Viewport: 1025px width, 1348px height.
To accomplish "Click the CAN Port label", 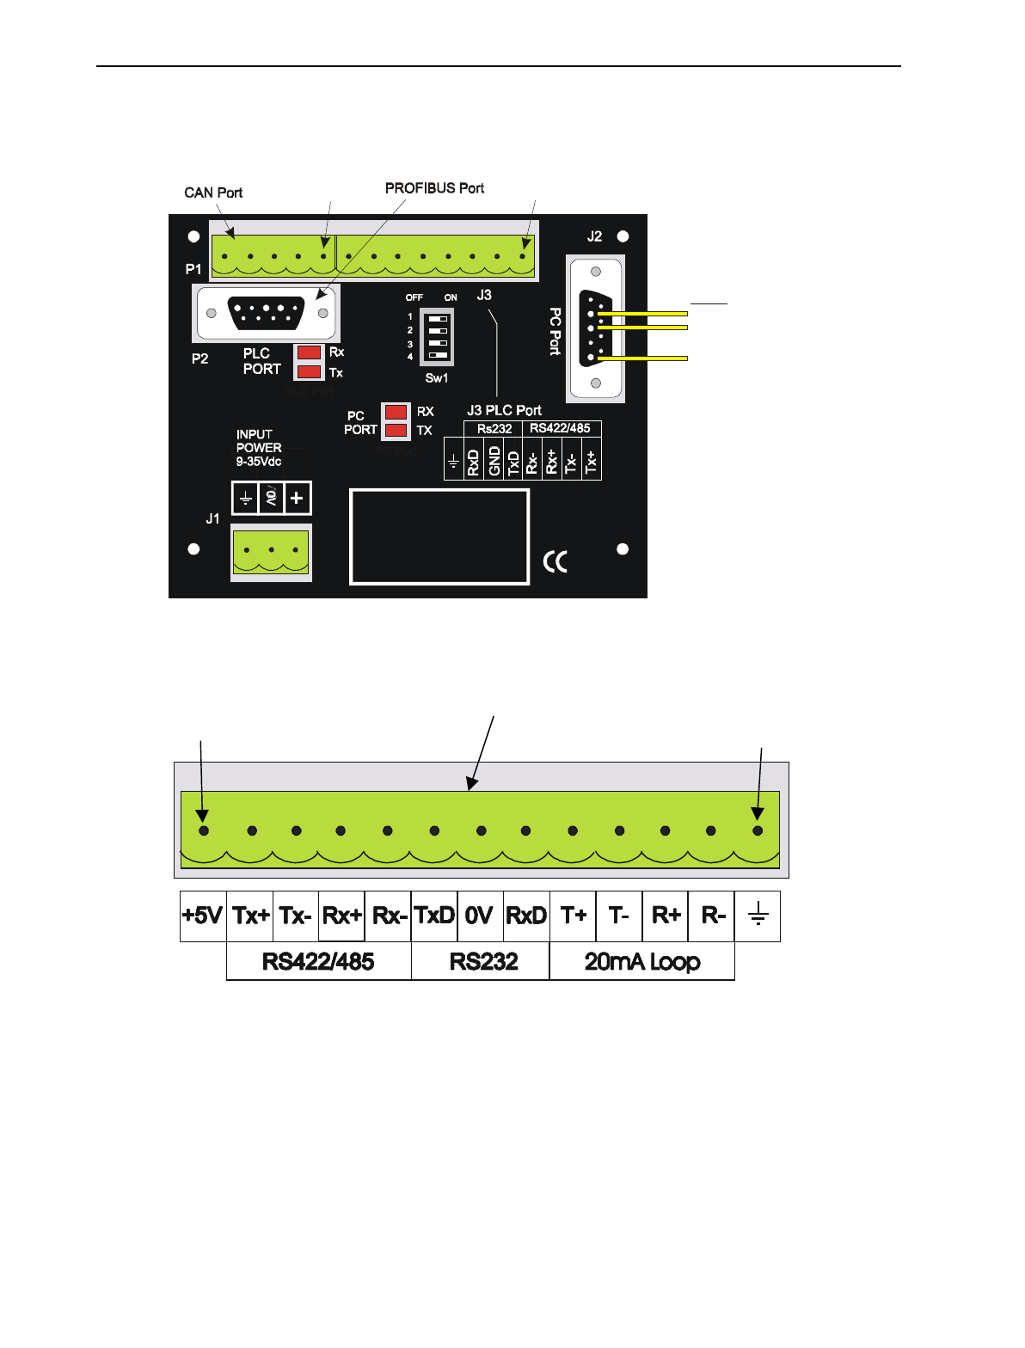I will pos(213,193).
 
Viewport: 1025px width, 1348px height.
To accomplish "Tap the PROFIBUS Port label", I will pos(434,188).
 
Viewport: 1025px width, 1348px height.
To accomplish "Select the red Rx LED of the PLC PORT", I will pos(309,352).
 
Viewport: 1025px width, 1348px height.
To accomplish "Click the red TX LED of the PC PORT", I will pos(396,430).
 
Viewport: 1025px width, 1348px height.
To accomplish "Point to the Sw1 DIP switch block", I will pos(437,336).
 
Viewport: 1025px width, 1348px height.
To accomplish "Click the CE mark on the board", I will pos(555,561).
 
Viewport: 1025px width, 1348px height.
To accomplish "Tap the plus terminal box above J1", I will pos(298,498).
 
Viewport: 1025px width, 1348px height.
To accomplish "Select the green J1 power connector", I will pos(270,551).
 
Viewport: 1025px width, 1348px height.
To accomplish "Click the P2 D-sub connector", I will pos(267,313).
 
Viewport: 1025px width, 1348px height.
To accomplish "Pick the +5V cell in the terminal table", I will pos(202,916).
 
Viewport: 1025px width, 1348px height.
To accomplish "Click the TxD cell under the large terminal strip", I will pos(434,916).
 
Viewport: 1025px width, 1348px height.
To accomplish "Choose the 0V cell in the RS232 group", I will pos(480,916).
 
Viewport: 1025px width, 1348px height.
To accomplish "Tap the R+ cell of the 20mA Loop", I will pos(666,916).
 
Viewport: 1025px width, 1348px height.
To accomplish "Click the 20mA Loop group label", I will pos(641,962).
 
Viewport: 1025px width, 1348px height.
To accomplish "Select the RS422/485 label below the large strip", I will pos(318,962).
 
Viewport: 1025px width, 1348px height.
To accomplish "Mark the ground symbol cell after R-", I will pos(758,916).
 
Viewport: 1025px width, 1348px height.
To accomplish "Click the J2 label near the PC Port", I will pos(594,236).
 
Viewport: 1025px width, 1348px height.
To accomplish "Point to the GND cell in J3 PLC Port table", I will pos(494,460).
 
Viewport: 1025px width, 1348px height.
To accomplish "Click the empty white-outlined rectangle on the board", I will pos(439,536).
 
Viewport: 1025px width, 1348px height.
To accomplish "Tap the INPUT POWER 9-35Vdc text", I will pos(259,448).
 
